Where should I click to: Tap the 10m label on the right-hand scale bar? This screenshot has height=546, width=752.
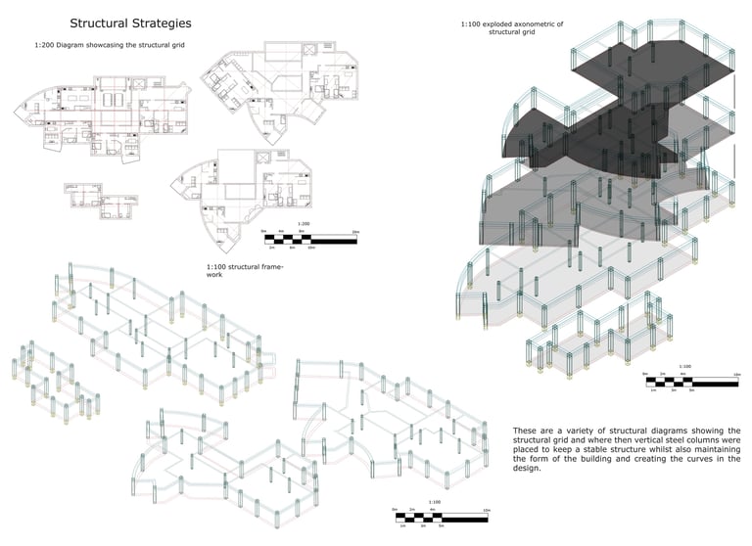coord(734,374)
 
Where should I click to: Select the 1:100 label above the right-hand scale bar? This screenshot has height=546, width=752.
coord(685,366)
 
